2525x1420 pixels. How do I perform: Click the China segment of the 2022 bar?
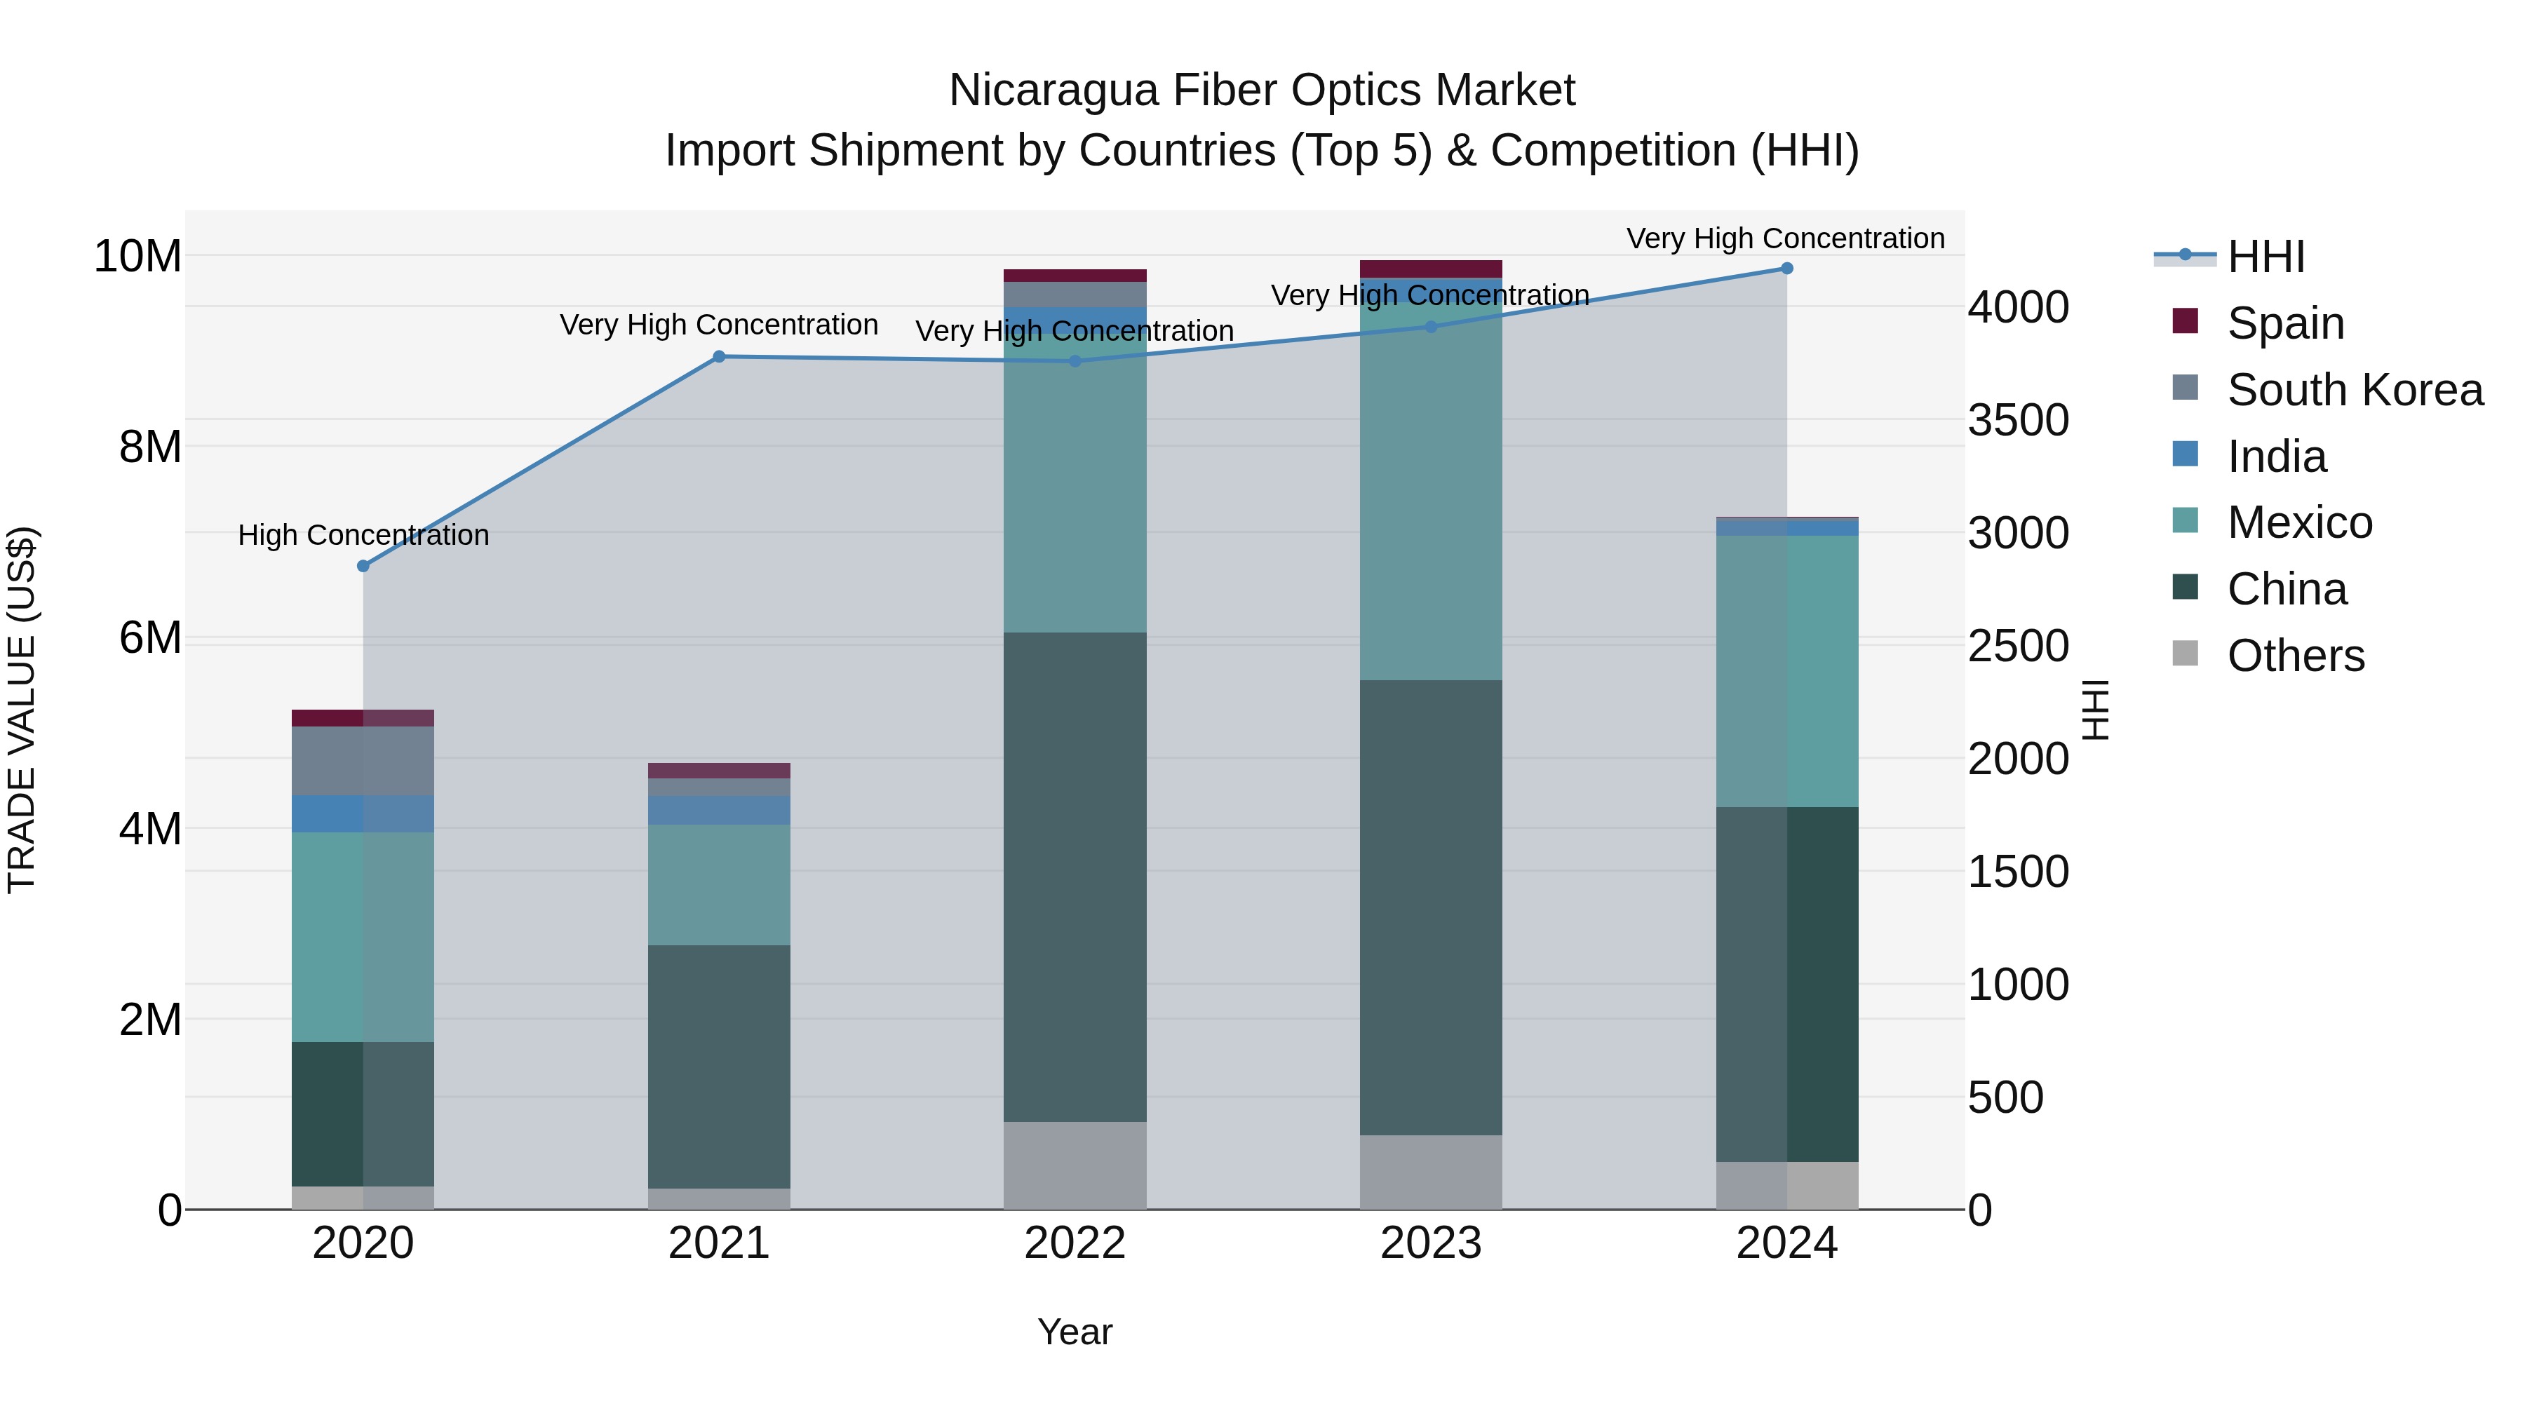click(1075, 877)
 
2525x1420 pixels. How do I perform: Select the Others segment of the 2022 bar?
click(1075, 1165)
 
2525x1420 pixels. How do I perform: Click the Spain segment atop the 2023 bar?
click(1430, 269)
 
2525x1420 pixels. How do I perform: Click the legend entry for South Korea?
click(2355, 390)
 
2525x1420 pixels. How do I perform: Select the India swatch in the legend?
click(2185, 454)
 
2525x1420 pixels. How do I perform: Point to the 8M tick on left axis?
click(150, 447)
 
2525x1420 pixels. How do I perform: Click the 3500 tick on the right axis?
click(2018, 421)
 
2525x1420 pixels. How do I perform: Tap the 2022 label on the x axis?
click(1075, 1243)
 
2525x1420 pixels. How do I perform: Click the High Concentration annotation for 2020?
click(363, 535)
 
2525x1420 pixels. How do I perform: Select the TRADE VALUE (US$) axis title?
click(22, 710)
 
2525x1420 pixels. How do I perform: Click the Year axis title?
click(1075, 1332)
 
